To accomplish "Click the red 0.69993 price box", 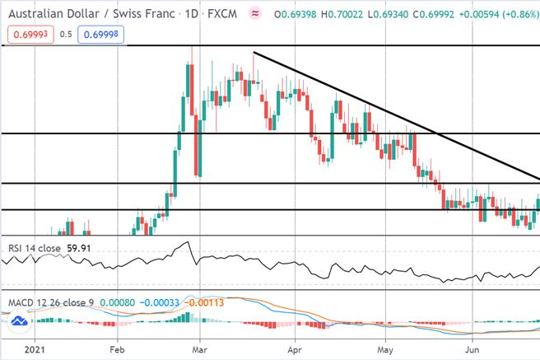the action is tap(30, 35).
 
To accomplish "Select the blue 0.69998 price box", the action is tap(101, 35).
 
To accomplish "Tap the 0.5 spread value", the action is tap(66, 35).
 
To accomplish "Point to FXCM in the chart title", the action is tap(222, 14).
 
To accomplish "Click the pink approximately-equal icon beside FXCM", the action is tap(255, 14).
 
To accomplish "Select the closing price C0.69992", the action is tap(434, 14).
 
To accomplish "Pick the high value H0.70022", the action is tap(342, 14).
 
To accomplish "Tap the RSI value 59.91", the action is tap(79, 248).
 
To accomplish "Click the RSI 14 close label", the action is tap(35, 248).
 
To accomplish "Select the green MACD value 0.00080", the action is tap(118, 303).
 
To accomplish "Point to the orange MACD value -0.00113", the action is tap(204, 303).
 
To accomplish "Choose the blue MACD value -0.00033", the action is tap(160, 303).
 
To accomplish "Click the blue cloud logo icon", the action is tap(19, 321).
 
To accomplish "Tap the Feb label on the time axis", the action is tap(117, 350).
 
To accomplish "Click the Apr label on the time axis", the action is tap(295, 350).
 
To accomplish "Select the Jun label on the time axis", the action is tap(472, 350).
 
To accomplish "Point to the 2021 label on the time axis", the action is tap(35, 350).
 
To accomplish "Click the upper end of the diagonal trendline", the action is tap(254, 53).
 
